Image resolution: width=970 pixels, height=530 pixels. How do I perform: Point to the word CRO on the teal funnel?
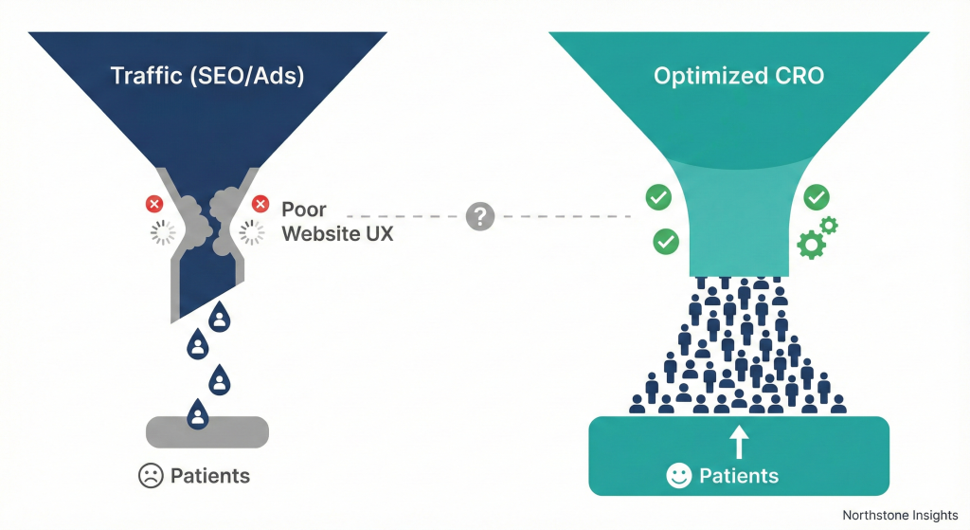point(793,76)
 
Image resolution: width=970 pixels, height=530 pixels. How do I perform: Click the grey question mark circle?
point(480,216)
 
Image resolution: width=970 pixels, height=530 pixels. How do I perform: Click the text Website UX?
point(337,232)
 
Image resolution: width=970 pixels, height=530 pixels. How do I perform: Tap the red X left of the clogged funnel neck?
point(153,204)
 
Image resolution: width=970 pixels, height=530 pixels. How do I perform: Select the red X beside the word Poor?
point(260,204)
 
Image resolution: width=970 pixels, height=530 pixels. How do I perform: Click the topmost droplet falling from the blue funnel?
point(220,318)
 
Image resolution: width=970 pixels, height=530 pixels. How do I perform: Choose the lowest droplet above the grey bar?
point(197,413)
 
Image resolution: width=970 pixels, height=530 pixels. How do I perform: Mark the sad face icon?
point(151,476)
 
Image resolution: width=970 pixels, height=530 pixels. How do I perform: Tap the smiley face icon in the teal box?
point(678,476)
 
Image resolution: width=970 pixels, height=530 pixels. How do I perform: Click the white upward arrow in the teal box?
point(739,442)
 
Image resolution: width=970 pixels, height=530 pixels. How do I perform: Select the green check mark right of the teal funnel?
point(817,197)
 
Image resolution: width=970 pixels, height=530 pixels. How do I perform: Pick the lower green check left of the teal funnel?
point(666,242)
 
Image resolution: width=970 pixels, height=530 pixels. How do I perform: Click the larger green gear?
point(812,246)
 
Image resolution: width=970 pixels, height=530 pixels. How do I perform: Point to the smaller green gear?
point(829,225)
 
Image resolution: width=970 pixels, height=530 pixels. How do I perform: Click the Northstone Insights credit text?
point(900,515)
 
